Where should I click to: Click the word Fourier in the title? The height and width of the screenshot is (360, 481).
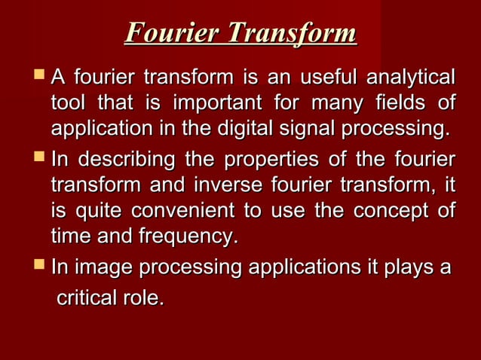(172, 34)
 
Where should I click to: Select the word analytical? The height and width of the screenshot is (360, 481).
(410, 78)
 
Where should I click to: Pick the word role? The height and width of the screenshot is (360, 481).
(147, 298)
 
